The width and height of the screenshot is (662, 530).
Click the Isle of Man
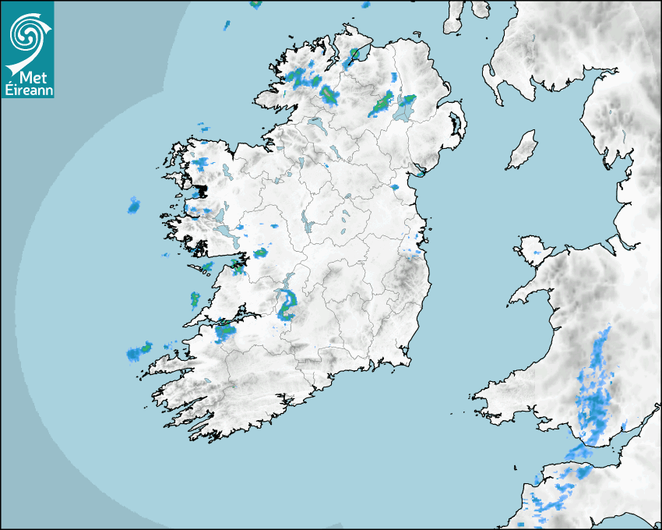click(523, 150)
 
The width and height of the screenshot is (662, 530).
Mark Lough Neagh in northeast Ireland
click(404, 110)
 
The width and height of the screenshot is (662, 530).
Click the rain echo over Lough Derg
click(286, 303)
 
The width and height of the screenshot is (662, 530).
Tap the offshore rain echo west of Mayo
click(134, 206)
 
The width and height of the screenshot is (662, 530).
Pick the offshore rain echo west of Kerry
click(140, 352)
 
